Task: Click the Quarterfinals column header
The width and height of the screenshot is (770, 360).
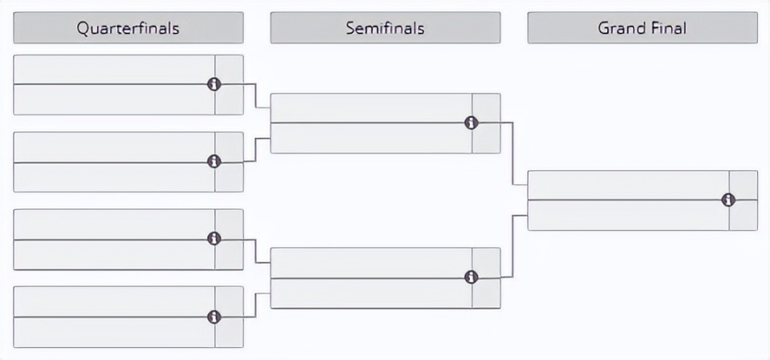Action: (128, 28)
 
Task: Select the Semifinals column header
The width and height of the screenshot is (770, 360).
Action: (386, 28)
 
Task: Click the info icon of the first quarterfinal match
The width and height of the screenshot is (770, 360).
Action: (213, 84)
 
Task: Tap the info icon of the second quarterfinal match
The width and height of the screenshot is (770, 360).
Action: (213, 162)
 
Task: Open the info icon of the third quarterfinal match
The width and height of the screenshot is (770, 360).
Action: (213, 239)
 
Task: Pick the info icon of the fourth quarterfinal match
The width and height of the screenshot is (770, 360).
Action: (213, 317)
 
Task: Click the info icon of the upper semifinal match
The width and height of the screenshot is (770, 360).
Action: (471, 123)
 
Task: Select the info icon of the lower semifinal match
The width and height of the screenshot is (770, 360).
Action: (471, 277)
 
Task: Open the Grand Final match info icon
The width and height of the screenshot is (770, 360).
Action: (728, 200)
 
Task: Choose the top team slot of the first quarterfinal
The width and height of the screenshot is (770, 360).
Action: (114, 69)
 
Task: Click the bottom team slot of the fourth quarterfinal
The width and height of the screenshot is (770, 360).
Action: (114, 332)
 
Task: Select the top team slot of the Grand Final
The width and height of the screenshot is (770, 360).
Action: (629, 185)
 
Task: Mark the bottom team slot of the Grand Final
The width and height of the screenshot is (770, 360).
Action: (629, 215)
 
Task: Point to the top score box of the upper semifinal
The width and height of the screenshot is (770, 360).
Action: (486, 108)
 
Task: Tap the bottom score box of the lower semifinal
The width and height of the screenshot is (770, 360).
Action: (486, 293)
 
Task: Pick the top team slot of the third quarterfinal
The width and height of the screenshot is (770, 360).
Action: (114, 224)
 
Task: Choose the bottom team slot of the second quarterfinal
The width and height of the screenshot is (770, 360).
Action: (114, 177)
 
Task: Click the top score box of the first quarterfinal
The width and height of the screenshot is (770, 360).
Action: (229, 69)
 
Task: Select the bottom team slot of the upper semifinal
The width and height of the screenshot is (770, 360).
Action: (371, 138)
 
